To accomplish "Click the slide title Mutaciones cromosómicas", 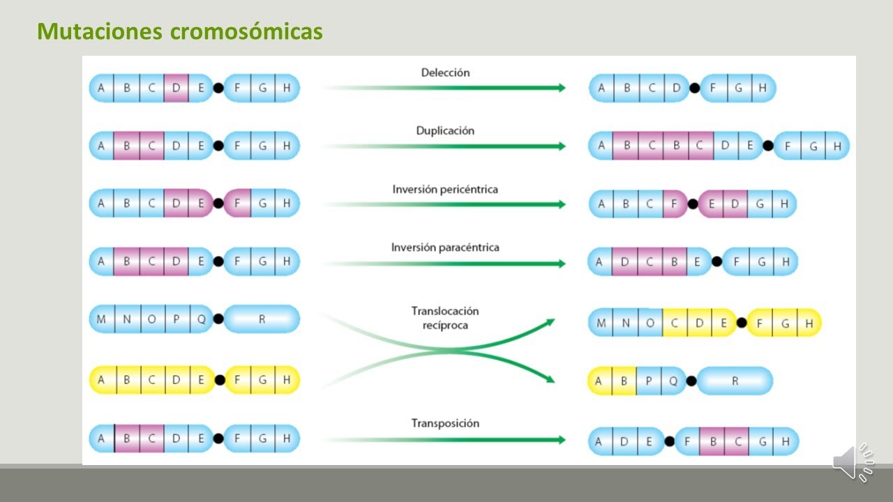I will tap(179, 31).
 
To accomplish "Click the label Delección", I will tap(445, 73).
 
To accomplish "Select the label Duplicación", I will tap(445, 130).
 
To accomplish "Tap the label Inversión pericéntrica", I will tap(445, 189).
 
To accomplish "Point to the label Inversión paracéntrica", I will tap(445, 248).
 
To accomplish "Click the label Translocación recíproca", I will tap(445, 318).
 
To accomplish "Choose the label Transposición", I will tap(445, 423).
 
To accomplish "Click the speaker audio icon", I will tap(853, 462).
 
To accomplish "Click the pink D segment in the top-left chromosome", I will tap(176, 88).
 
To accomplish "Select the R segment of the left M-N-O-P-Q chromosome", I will tap(262, 319).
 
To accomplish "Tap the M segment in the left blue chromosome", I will tap(102, 319).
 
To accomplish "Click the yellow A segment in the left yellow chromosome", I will tap(102, 380).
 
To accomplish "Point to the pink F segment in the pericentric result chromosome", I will tap(675, 204).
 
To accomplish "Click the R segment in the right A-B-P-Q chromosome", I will tap(735, 381).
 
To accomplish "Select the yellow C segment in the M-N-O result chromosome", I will tap(675, 324).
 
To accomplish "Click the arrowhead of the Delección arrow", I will tap(560, 88).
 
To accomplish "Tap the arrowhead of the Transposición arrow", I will tap(560, 440).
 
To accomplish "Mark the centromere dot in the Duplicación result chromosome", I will tap(768, 146).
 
